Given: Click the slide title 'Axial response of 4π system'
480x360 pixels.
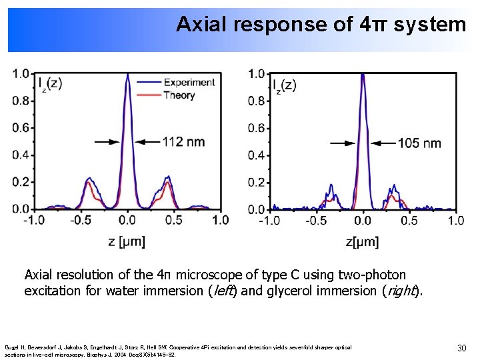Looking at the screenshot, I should point(321,25).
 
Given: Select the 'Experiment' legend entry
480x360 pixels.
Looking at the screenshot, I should point(189,82).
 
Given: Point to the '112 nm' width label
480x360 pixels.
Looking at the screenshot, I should point(183,141).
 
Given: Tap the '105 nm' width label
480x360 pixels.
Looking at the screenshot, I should point(419,143).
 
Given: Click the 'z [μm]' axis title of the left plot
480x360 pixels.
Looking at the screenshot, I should point(127,241).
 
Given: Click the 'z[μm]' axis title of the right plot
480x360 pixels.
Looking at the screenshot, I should point(362,242).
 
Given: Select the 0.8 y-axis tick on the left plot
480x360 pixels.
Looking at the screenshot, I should point(21,101).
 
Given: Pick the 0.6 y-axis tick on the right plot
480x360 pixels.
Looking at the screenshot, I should point(257,128).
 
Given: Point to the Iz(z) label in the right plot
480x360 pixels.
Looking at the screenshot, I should point(285,85).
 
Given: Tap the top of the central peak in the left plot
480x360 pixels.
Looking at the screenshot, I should point(127,73).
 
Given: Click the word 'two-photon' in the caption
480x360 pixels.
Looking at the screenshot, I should point(375,275).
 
